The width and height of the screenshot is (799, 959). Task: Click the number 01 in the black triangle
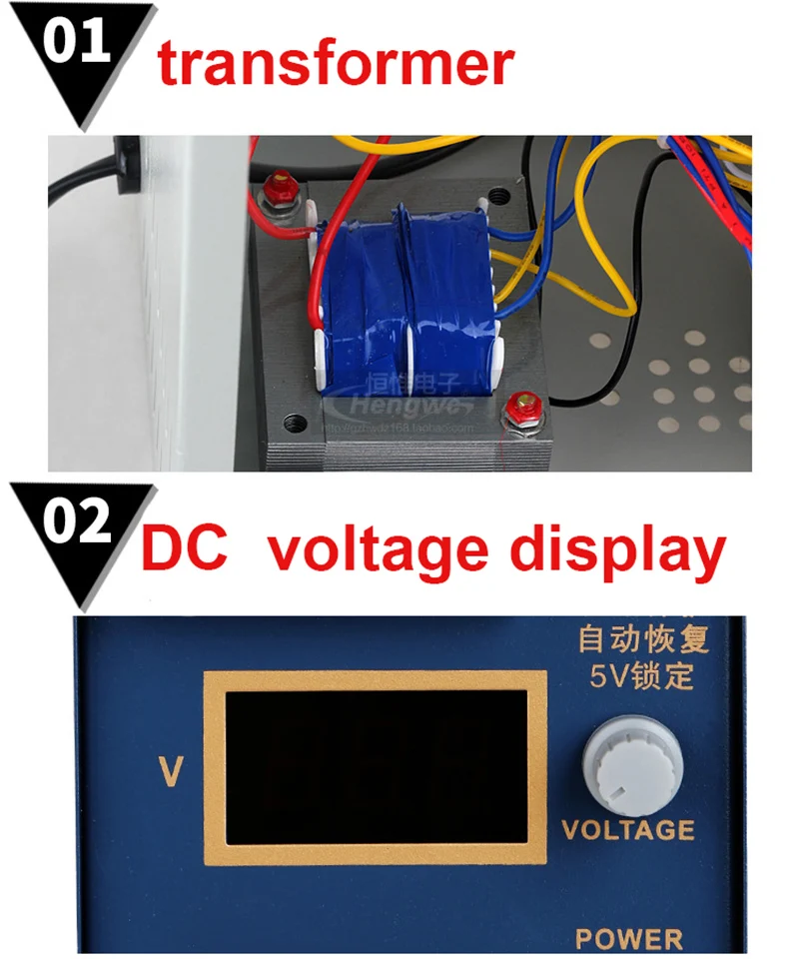coord(77,45)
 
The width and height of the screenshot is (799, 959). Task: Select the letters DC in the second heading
coord(184,548)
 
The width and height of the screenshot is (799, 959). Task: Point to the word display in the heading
coord(616,549)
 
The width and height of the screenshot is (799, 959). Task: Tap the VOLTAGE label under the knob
coord(628,829)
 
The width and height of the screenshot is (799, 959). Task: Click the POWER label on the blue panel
coord(629,939)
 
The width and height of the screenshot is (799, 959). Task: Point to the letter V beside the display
coord(171,770)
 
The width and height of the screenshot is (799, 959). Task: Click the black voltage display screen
coord(376,767)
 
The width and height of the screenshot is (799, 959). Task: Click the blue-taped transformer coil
coord(404,300)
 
